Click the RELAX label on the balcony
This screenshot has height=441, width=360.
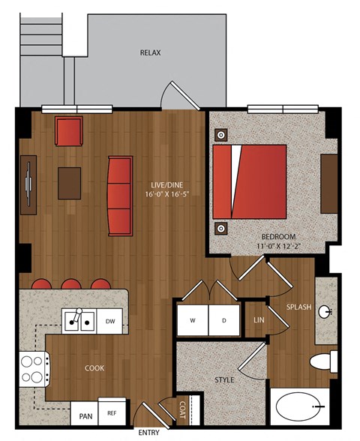(x=151, y=52)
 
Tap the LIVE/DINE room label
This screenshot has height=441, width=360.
(x=166, y=185)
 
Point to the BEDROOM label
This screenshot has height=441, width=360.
(x=278, y=236)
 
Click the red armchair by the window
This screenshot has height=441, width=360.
(x=69, y=131)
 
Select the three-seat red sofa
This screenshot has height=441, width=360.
(x=120, y=196)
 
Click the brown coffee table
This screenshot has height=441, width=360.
(x=70, y=183)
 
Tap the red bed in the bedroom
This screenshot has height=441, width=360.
(x=250, y=181)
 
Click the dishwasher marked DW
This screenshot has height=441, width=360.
(x=109, y=321)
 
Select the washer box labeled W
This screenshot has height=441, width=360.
(x=193, y=320)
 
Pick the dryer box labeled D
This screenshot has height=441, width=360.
(x=224, y=320)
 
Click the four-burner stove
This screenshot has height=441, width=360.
(x=34, y=369)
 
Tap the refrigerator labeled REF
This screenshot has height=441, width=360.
(x=112, y=413)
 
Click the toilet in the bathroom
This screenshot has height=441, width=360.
(x=323, y=361)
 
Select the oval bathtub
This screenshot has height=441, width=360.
(x=299, y=406)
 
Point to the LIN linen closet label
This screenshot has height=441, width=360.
(x=259, y=319)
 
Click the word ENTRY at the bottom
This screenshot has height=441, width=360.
(x=148, y=432)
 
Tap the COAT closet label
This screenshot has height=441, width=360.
(x=182, y=409)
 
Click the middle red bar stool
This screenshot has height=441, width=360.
(x=71, y=283)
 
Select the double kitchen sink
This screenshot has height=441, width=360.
(x=79, y=321)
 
